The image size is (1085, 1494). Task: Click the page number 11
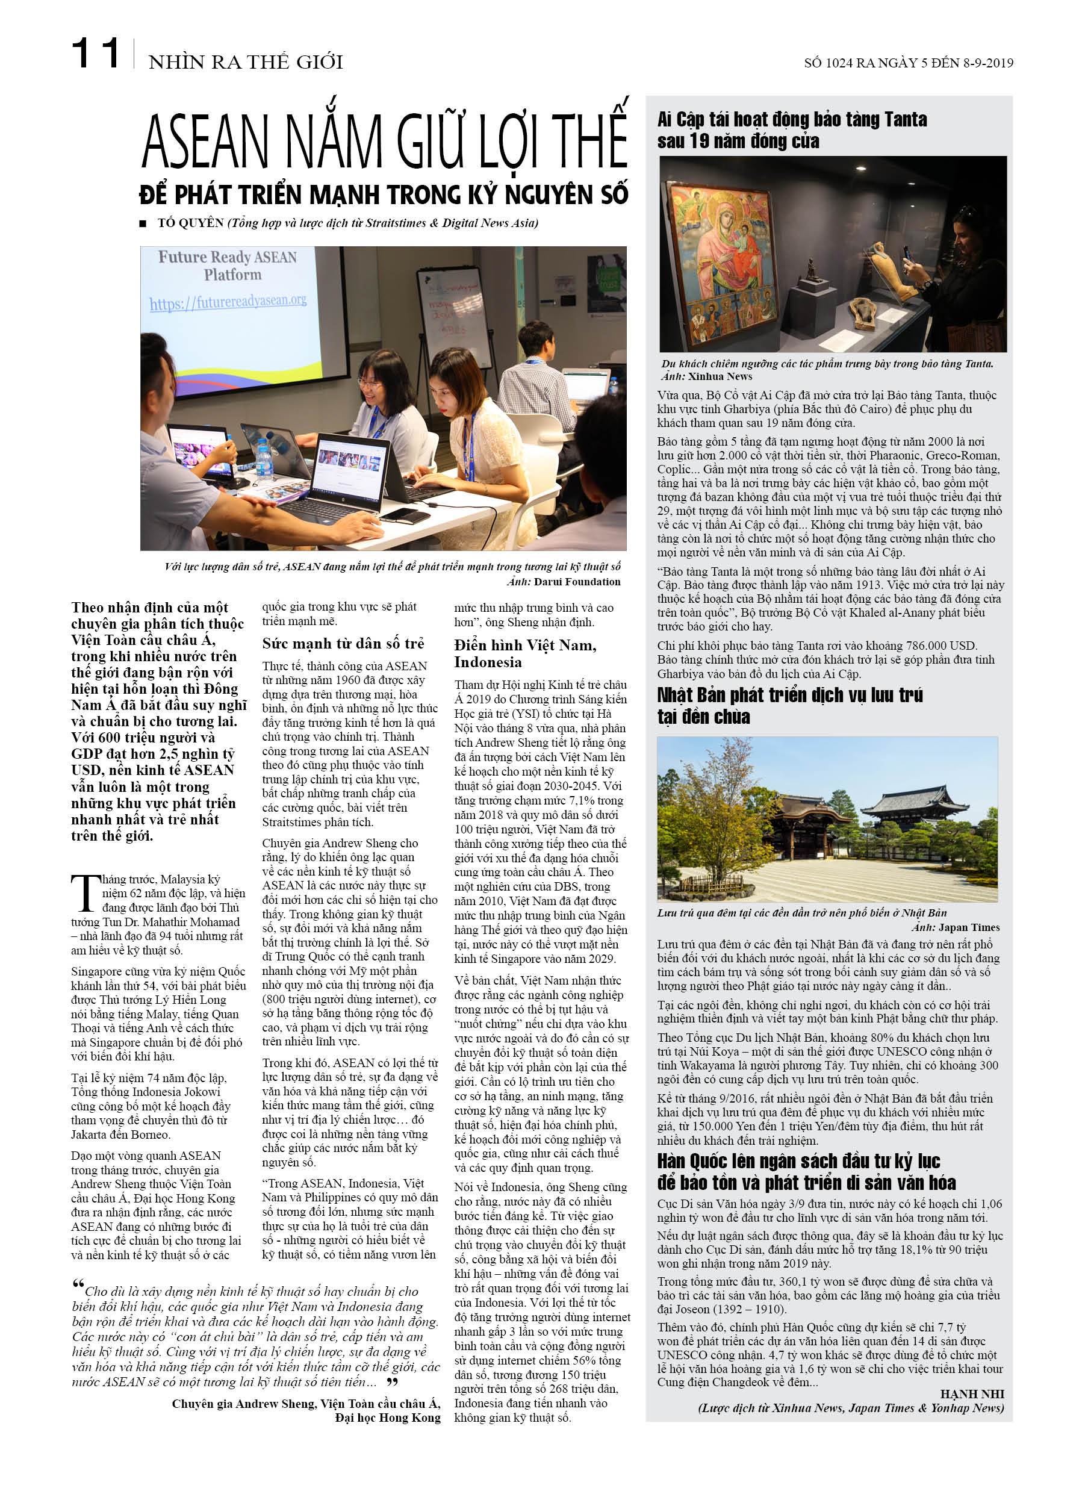(96, 54)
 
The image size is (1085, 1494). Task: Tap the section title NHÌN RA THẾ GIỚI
(246, 62)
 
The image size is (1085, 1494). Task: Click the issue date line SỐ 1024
(908, 63)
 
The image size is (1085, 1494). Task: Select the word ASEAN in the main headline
(205, 142)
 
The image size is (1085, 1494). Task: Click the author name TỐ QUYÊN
(190, 223)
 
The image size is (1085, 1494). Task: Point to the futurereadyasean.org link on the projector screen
(228, 302)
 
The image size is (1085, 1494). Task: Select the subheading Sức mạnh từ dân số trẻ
(343, 644)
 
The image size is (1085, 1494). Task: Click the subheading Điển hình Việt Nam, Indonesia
(525, 653)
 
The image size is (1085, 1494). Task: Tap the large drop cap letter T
(85, 894)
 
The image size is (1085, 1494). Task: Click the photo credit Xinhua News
(720, 377)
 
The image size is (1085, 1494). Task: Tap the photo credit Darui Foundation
(576, 582)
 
